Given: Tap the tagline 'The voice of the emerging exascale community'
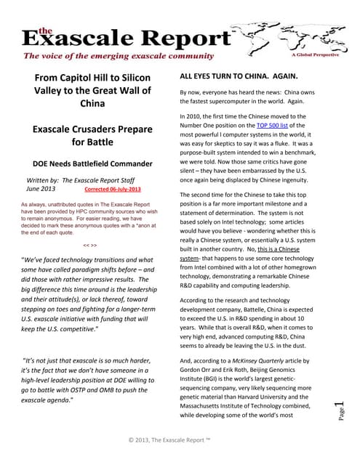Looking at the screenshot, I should [119, 56].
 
